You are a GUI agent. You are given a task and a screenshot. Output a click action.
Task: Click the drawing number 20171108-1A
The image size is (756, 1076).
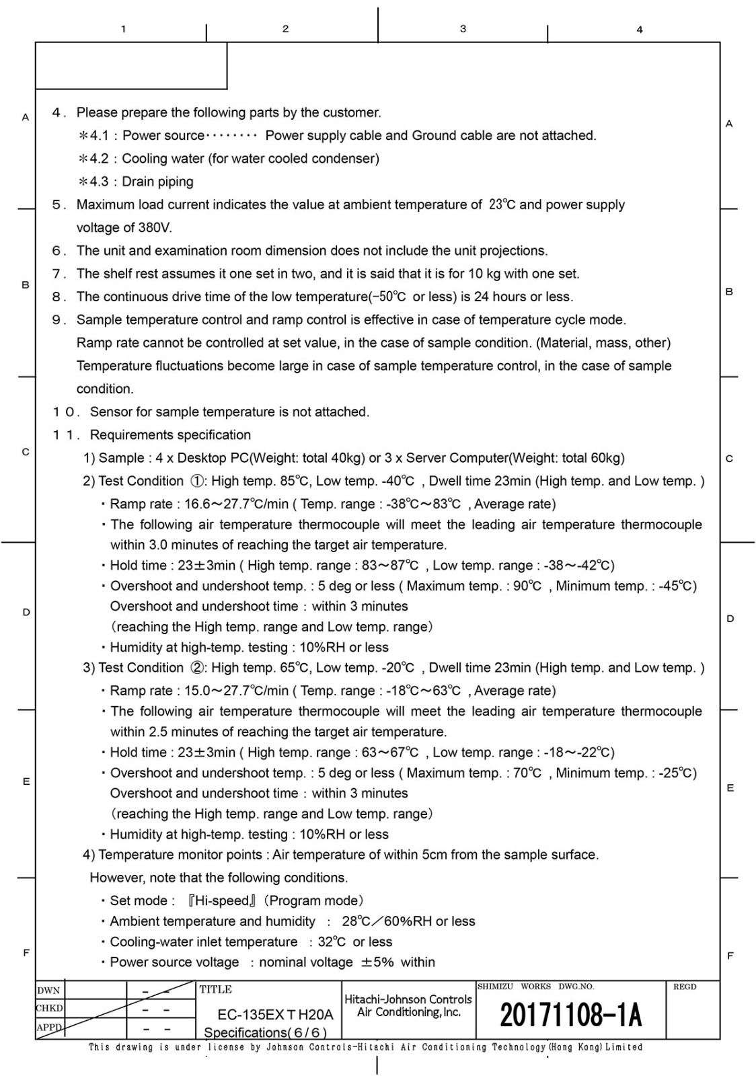[570, 1015]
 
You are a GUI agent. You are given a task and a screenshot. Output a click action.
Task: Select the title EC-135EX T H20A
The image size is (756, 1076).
[275, 1015]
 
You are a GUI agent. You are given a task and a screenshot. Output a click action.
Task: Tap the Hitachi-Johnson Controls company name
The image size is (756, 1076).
[408, 999]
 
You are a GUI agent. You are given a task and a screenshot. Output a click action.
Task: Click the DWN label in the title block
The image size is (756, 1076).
[48, 991]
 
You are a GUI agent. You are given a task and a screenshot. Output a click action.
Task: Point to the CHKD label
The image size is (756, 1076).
[50, 1009]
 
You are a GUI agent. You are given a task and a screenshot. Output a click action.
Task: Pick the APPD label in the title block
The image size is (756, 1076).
[49, 1027]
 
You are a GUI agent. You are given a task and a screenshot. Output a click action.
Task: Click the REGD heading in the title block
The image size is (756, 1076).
[685, 987]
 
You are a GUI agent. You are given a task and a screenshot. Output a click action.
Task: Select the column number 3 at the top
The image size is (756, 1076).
[463, 29]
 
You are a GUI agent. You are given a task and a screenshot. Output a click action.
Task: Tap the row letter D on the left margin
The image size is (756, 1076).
[26, 612]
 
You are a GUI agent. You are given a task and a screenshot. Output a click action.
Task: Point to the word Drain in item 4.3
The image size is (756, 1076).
[138, 182]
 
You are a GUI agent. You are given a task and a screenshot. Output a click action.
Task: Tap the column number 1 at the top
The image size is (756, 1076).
[123, 29]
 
